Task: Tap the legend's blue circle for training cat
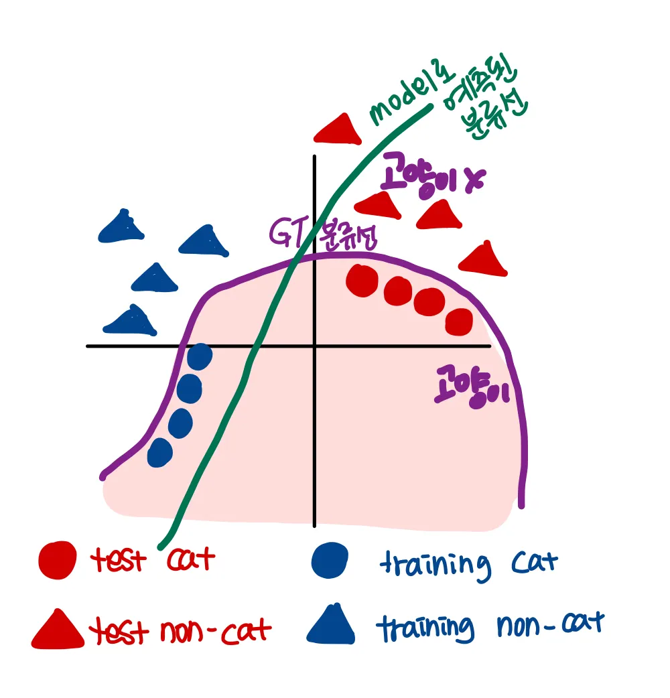click(330, 559)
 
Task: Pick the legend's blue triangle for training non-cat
click(332, 625)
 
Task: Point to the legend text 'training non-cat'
click(489, 626)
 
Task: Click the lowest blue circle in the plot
click(159, 452)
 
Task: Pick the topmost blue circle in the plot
click(199, 356)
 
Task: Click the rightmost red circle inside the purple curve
click(460, 322)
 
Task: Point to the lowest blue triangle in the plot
click(130, 321)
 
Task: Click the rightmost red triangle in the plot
click(484, 259)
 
